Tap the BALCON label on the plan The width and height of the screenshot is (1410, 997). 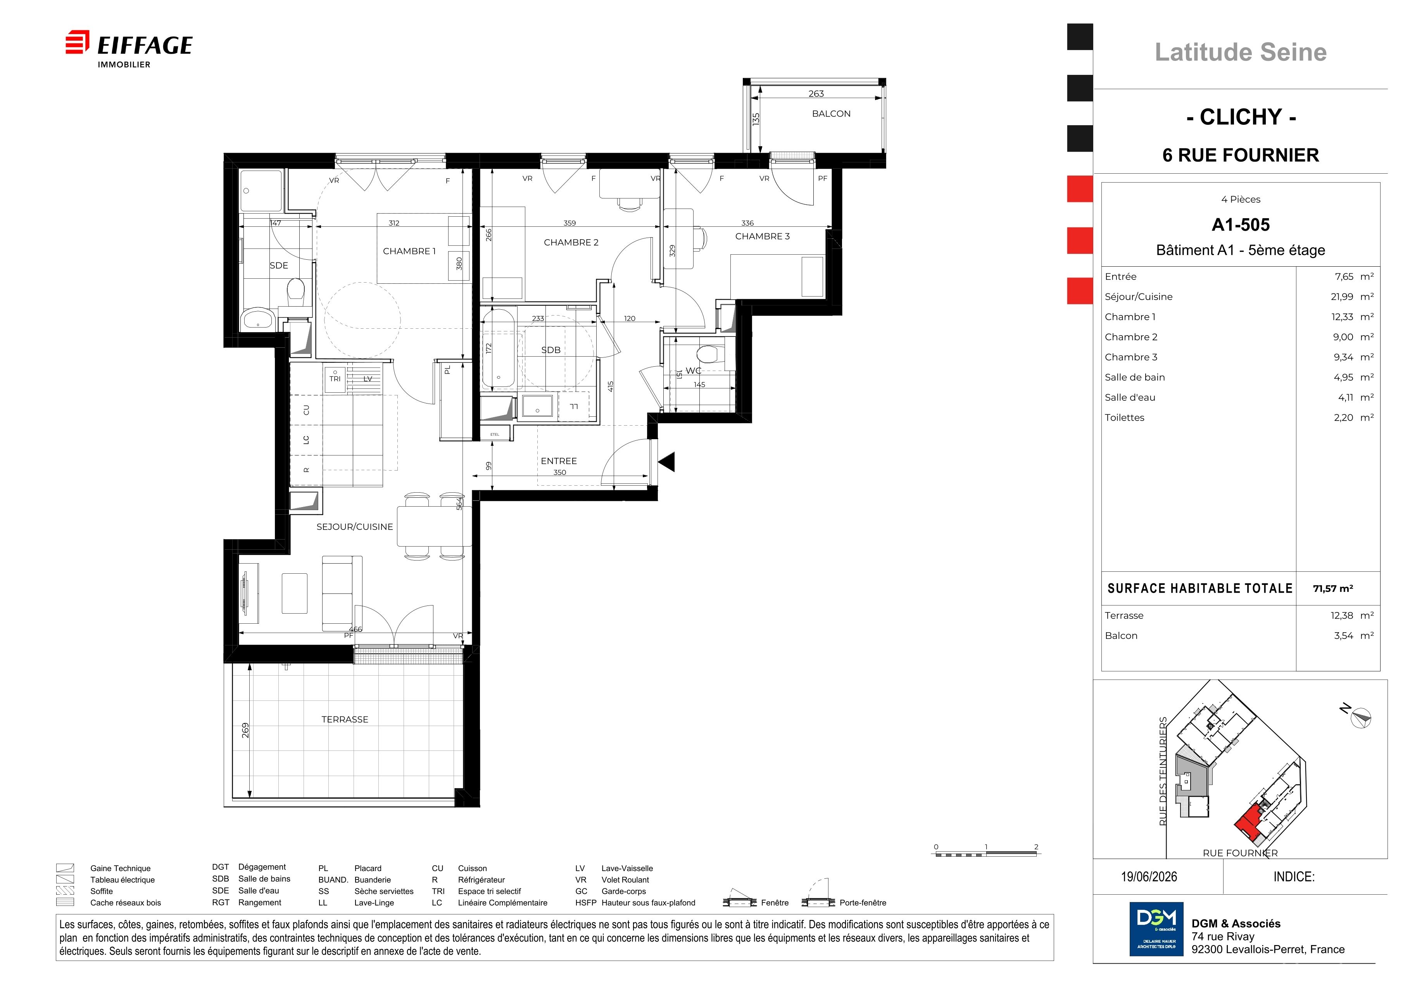tap(831, 114)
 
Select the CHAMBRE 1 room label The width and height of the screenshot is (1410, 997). tap(409, 251)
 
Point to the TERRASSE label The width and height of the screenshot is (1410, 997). tap(345, 719)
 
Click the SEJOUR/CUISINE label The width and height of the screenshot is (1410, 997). tap(354, 527)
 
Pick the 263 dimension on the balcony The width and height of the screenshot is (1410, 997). tap(816, 93)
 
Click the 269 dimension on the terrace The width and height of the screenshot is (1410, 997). tap(245, 730)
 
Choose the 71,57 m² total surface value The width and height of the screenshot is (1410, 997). tap(1332, 588)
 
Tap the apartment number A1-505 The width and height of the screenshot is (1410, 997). tap(1241, 225)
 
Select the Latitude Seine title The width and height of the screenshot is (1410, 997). tap(1241, 52)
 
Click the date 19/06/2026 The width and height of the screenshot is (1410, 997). tap(1149, 877)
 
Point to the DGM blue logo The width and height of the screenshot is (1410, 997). tap(1156, 929)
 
